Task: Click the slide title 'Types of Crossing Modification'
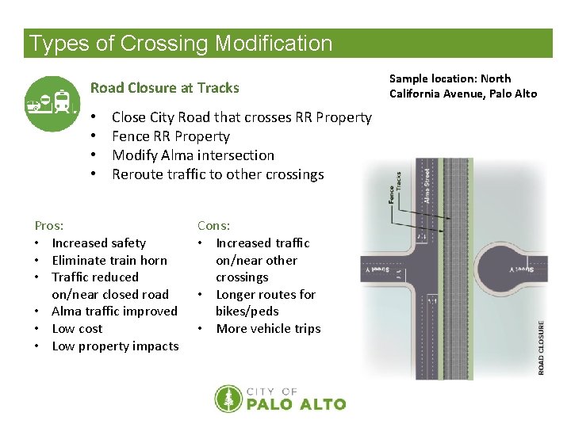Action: click(x=181, y=44)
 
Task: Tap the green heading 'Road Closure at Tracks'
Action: click(x=164, y=88)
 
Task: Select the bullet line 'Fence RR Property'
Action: click(x=171, y=136)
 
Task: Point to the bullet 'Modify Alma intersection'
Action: click(x=193, y=155)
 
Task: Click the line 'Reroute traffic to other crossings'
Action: click(x=217, y=174)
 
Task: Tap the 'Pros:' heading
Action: click(x=49, y=226)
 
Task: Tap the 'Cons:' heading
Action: click(x=214, y=226)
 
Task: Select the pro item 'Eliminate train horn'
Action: click(x=109, y=260)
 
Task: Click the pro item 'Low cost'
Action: click(x=77, y=329)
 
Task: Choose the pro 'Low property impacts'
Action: click(x=115, y=346)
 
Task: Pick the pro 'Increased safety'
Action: click(x=98, y=243)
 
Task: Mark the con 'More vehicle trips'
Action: click(x=268, y=329)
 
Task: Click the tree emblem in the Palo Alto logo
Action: click(x=228, y=399)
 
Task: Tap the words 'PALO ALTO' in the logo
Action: click(x=297, y=404)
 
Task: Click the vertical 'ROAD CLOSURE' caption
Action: click(x=542, y=347)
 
